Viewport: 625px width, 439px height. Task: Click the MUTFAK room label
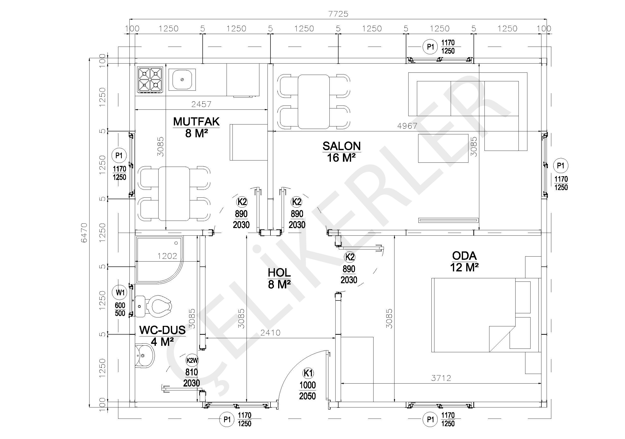click(196, 122)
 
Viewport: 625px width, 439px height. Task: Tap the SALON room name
click(342, 146)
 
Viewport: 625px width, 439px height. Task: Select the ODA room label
click(464, 256)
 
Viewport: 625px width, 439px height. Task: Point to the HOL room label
click(279, 273)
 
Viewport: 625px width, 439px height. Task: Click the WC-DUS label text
click(162, 330)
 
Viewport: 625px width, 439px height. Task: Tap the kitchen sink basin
click(182, 79)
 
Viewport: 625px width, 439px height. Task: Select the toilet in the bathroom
click(154, 306)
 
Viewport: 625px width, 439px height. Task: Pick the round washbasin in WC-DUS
click(144, 356)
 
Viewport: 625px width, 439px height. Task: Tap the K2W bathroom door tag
click(192, 361)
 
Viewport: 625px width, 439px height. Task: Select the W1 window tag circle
click(120, 293)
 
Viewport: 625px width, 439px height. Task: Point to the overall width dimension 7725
click(338, 14)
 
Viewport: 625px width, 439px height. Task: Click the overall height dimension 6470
click(84, 233)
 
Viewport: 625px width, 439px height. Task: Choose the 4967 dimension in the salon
click(407, 126)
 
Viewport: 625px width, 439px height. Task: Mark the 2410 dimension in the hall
click(270, 333)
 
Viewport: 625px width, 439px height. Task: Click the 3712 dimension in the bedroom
click(441, 378)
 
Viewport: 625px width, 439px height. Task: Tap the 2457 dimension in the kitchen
click(201, 104)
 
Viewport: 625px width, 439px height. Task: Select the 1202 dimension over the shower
click(167, 256)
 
